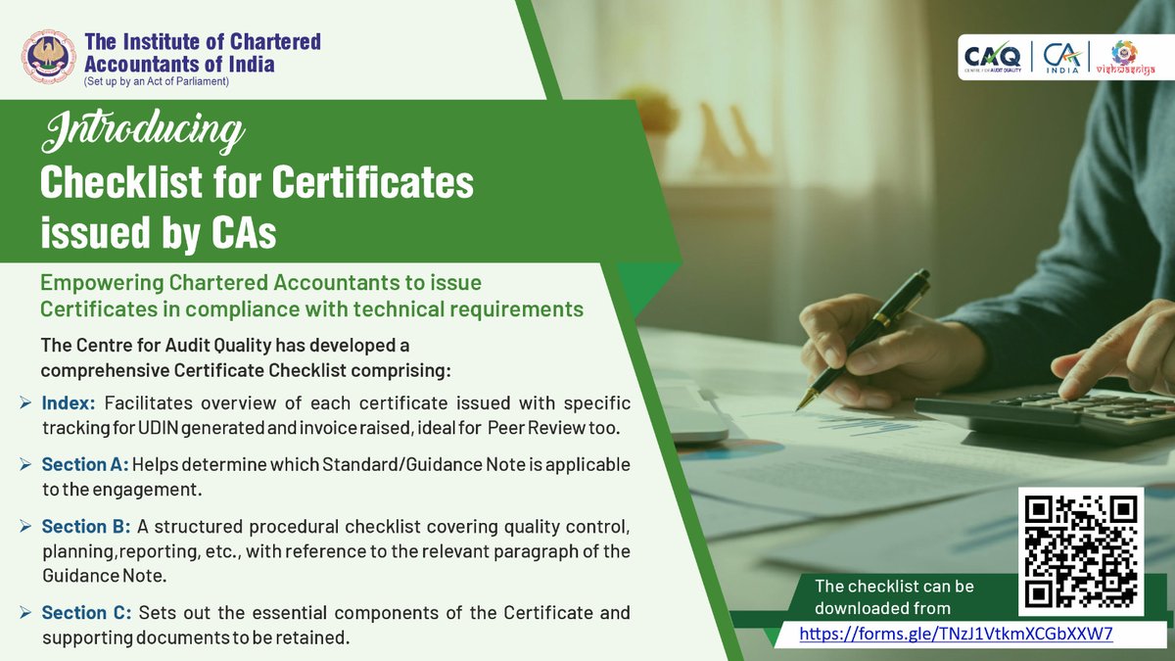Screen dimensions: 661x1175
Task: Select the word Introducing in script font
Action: tap(144, 133)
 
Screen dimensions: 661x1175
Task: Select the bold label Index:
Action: tap(70, 403)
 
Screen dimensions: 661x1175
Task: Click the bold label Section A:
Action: tap(84, 463)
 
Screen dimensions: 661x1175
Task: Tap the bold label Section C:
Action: tap(86, 613)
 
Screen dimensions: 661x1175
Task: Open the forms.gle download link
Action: tap(956, 634)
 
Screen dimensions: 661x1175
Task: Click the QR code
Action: tap(1081, 549)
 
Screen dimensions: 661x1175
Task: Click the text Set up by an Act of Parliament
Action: tap(157, 82)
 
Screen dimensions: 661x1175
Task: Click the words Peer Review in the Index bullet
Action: tap(529, 428)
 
